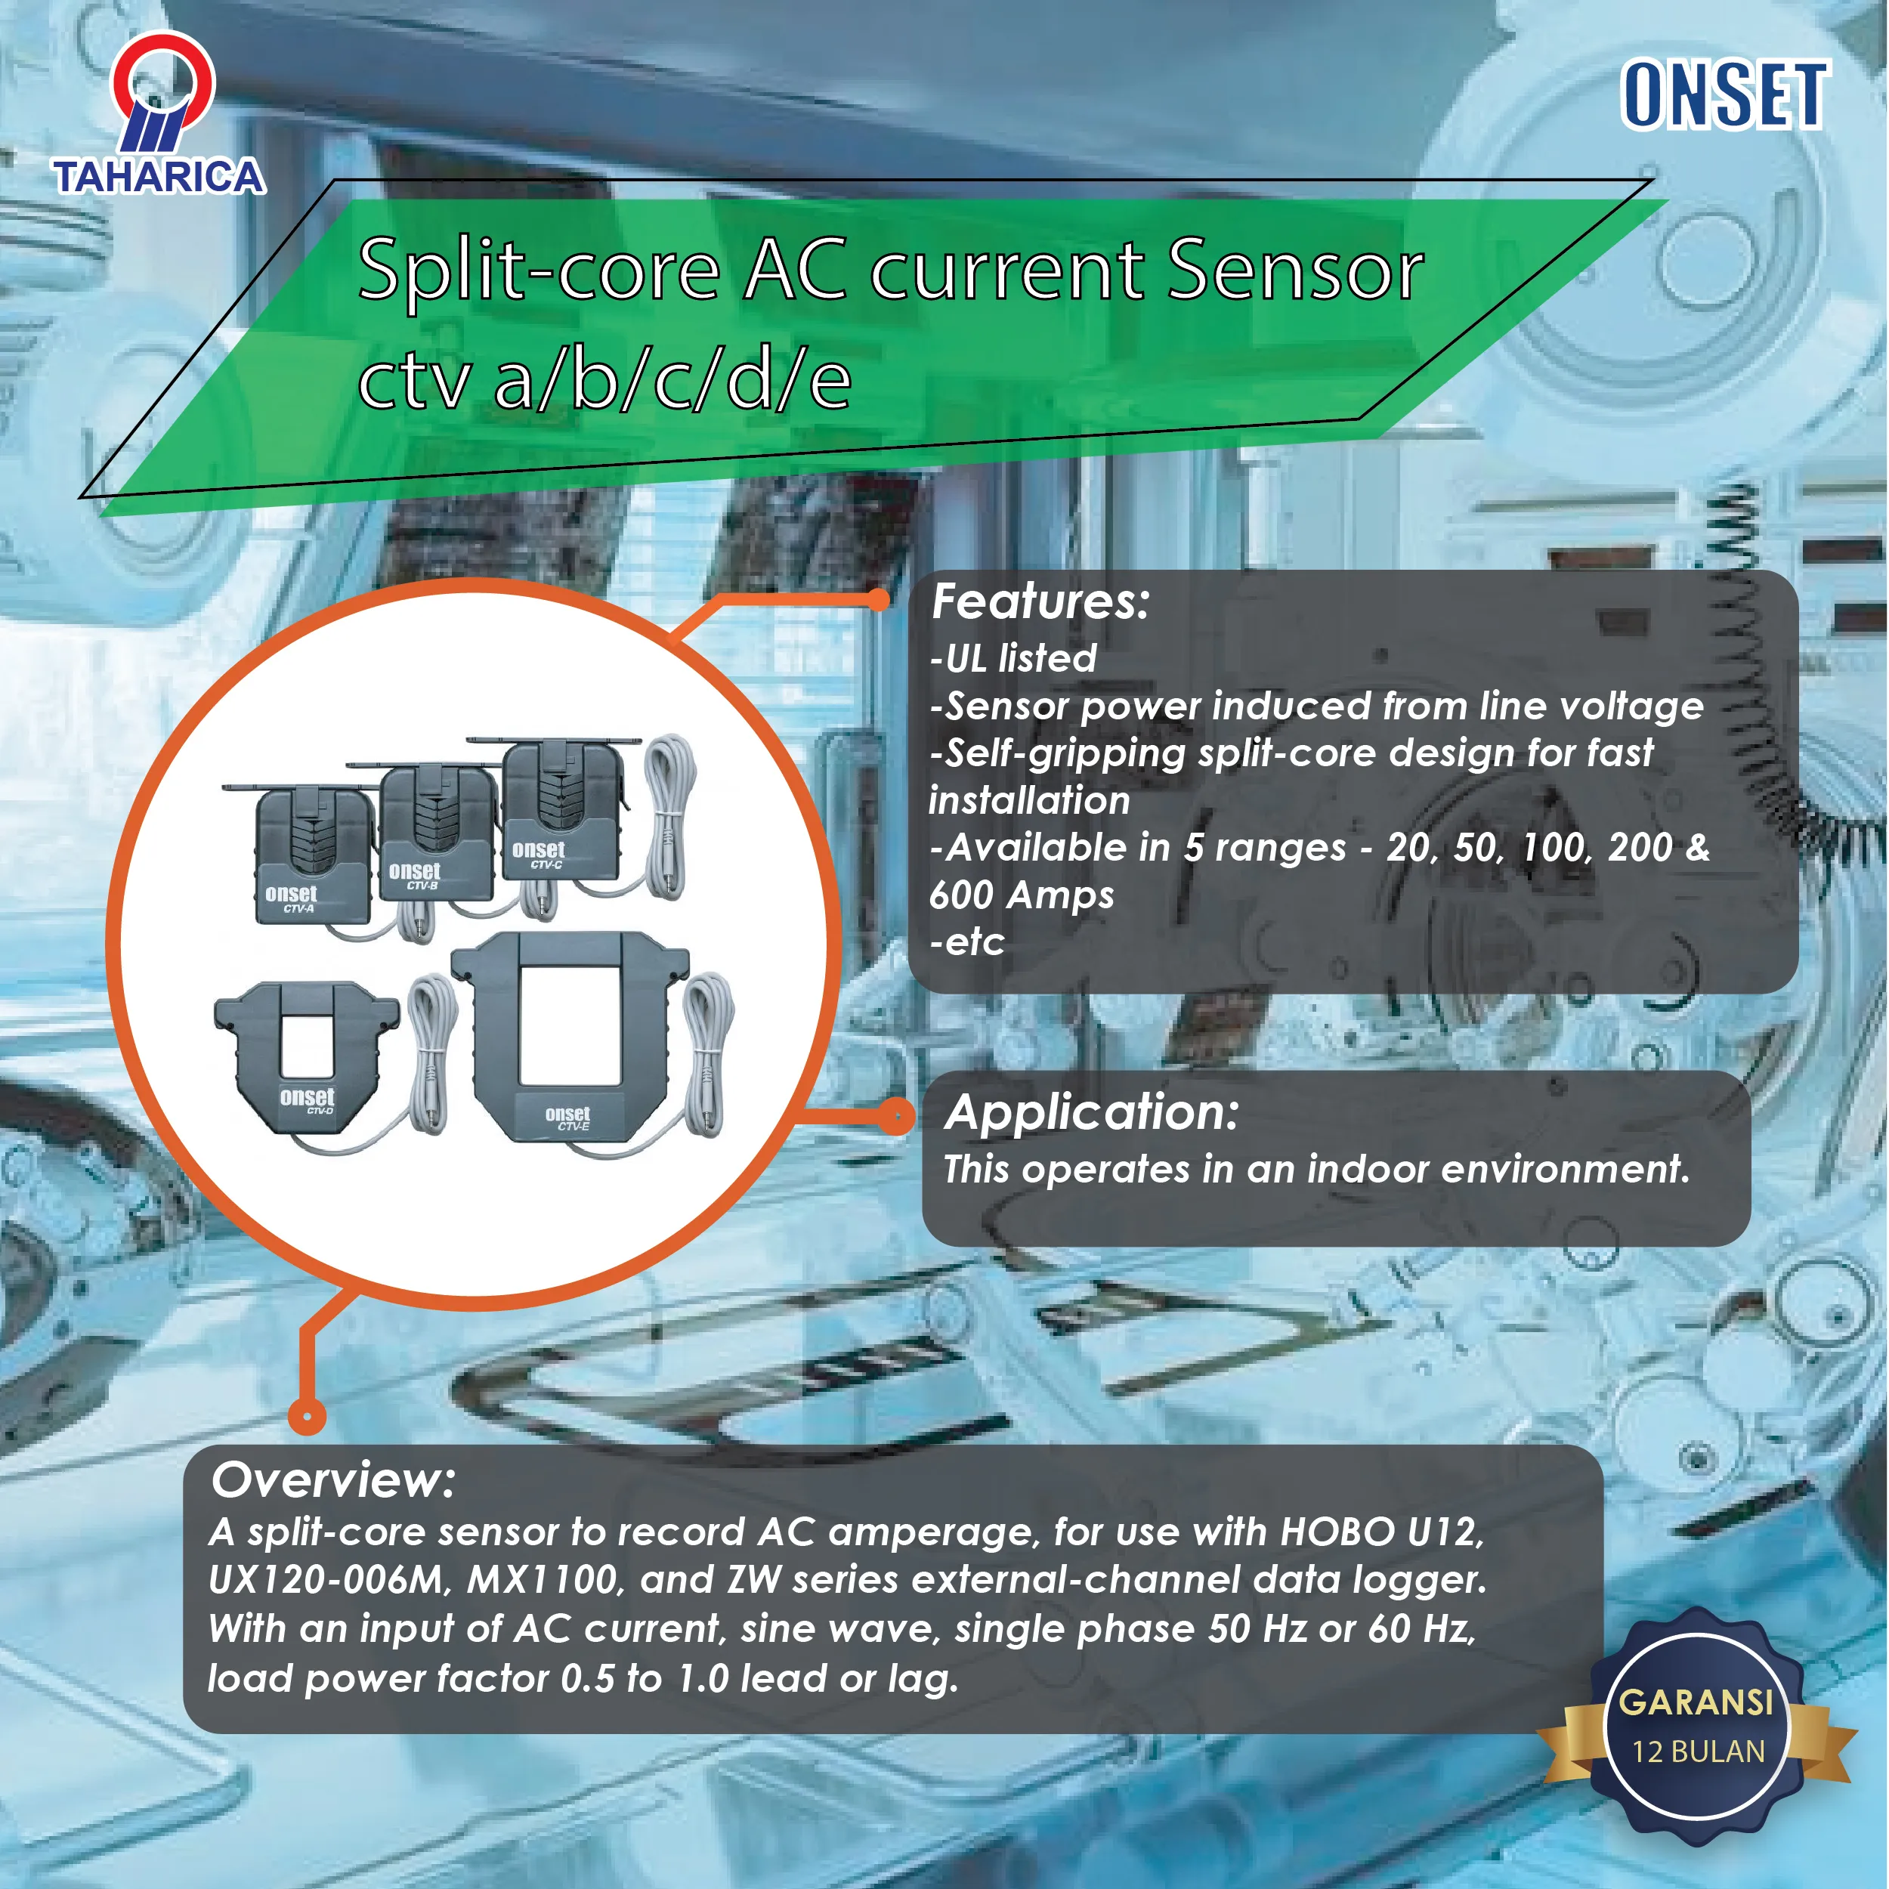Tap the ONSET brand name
(1725, 95)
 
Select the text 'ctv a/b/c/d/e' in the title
(604, 379)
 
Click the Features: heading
(1040, 601)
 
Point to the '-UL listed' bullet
(1013, 657)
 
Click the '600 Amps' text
(1021, 895)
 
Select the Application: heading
(1091, 1113)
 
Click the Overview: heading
(332, 1479)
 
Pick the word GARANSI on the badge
(1696, 1702)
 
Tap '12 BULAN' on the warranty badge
(1699, 1751)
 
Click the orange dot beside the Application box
(895, 1115)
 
